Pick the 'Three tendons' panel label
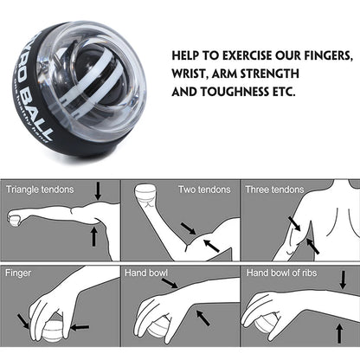(276, 190)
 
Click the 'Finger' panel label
(19, 273)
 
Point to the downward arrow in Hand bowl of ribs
(342, 280)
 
